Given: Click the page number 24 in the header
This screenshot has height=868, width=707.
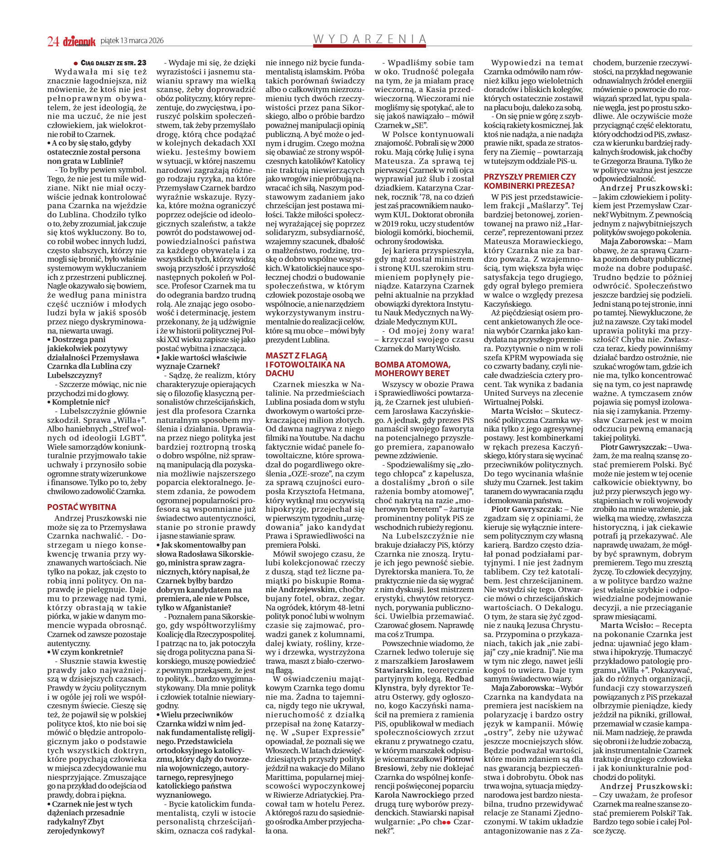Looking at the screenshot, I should pyautogui.click(x=53, y=41).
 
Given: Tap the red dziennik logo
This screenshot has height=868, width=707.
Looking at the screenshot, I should pyautogui.click(x=79, y=41).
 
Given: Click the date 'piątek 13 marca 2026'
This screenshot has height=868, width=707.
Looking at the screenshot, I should pyautogui.click(x=132, y=41).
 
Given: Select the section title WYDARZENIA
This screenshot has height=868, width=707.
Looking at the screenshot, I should pyautogui.click(x=370, y=39).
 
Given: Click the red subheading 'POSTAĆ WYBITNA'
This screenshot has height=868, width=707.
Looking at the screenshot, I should pyautogui.click(x=82, y=507).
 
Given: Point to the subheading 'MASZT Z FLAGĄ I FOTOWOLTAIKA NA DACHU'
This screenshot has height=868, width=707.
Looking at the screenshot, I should pyautogui.click(x=305, y=364).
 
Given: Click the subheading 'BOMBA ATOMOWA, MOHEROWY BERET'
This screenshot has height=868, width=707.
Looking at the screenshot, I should pyautogui.click(x=412, y=369).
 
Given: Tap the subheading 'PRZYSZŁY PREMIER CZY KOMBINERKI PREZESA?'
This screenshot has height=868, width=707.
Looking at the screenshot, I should pyautogui.click(x=530, y=181).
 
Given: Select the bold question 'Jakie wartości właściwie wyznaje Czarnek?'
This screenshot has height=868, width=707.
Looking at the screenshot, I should pyautogui.click(x=201, y=362).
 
